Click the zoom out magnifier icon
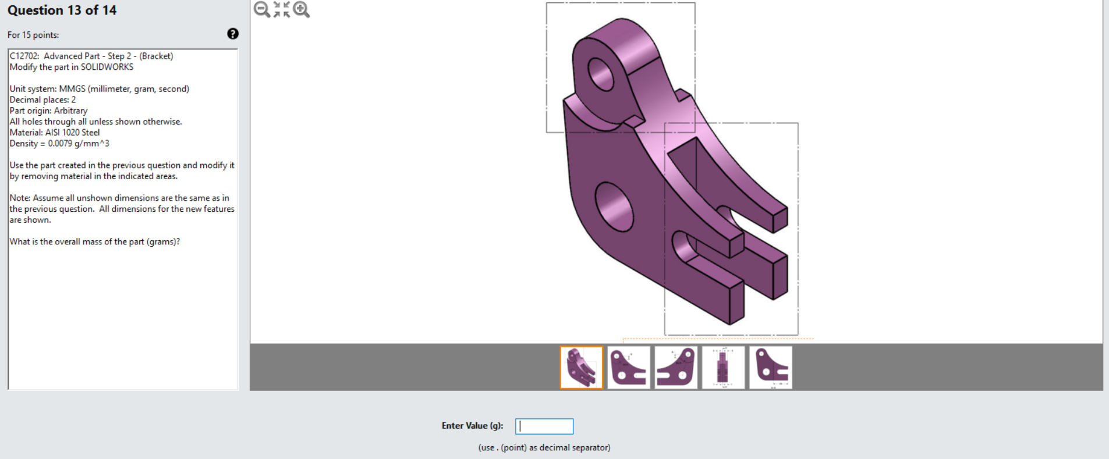262,9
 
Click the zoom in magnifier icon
302,9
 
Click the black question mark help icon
233,34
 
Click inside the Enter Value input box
544,426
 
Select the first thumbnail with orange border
582,368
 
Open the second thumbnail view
629,368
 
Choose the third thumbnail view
676,368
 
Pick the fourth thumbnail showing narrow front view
723,368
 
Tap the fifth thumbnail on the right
770,368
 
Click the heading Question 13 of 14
62,10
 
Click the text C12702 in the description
24,56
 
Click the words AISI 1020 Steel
72,133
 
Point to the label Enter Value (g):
472,426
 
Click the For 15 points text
33,35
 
